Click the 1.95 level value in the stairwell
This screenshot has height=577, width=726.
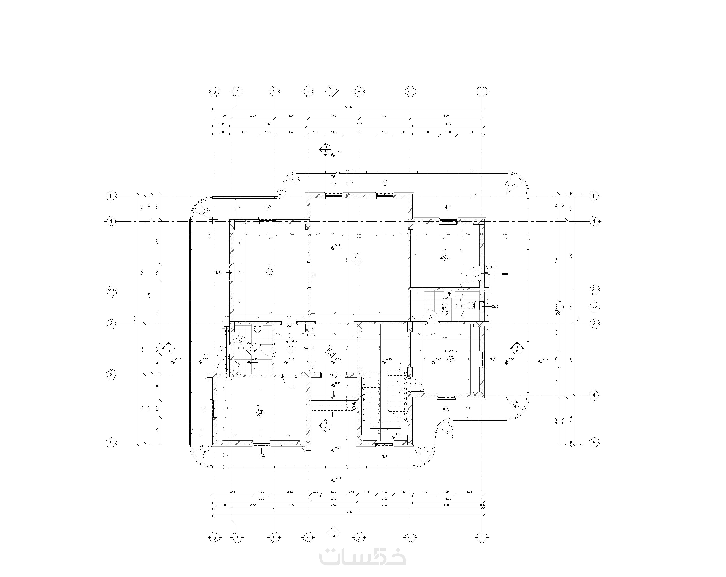click(398, 434)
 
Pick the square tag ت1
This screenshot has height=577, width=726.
click(205, 355)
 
